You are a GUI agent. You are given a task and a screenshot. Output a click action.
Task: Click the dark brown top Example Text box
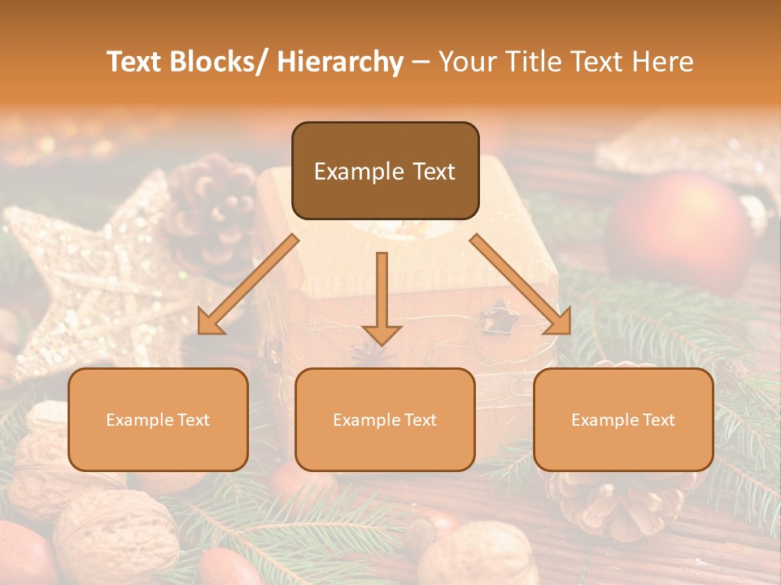click(385, 171)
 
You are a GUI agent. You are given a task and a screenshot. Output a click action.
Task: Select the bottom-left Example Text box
click(158, 419)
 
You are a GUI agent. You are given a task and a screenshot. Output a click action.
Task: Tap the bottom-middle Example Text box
click(385, 419)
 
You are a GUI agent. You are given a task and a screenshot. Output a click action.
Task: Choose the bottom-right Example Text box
click(623, 419)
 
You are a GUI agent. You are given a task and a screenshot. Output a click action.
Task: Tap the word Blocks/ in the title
click(225, 62)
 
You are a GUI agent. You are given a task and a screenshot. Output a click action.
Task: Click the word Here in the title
click(664, 62)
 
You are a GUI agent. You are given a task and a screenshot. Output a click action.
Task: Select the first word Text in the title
click(136, 62)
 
